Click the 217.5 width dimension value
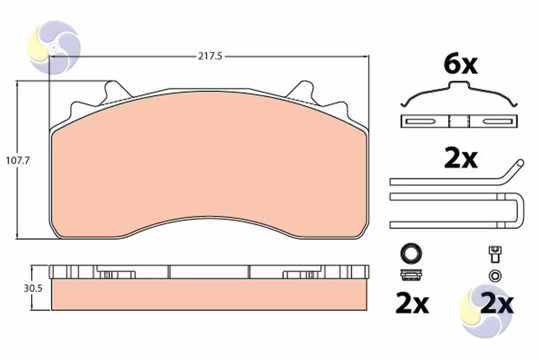click(210, 56)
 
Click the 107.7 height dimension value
click(18, 161)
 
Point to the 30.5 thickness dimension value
click(33, 288)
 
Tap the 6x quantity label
click(461, 65)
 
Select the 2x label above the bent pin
click(461, 159)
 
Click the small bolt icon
click(495, 254)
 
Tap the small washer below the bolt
click(495, 276)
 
